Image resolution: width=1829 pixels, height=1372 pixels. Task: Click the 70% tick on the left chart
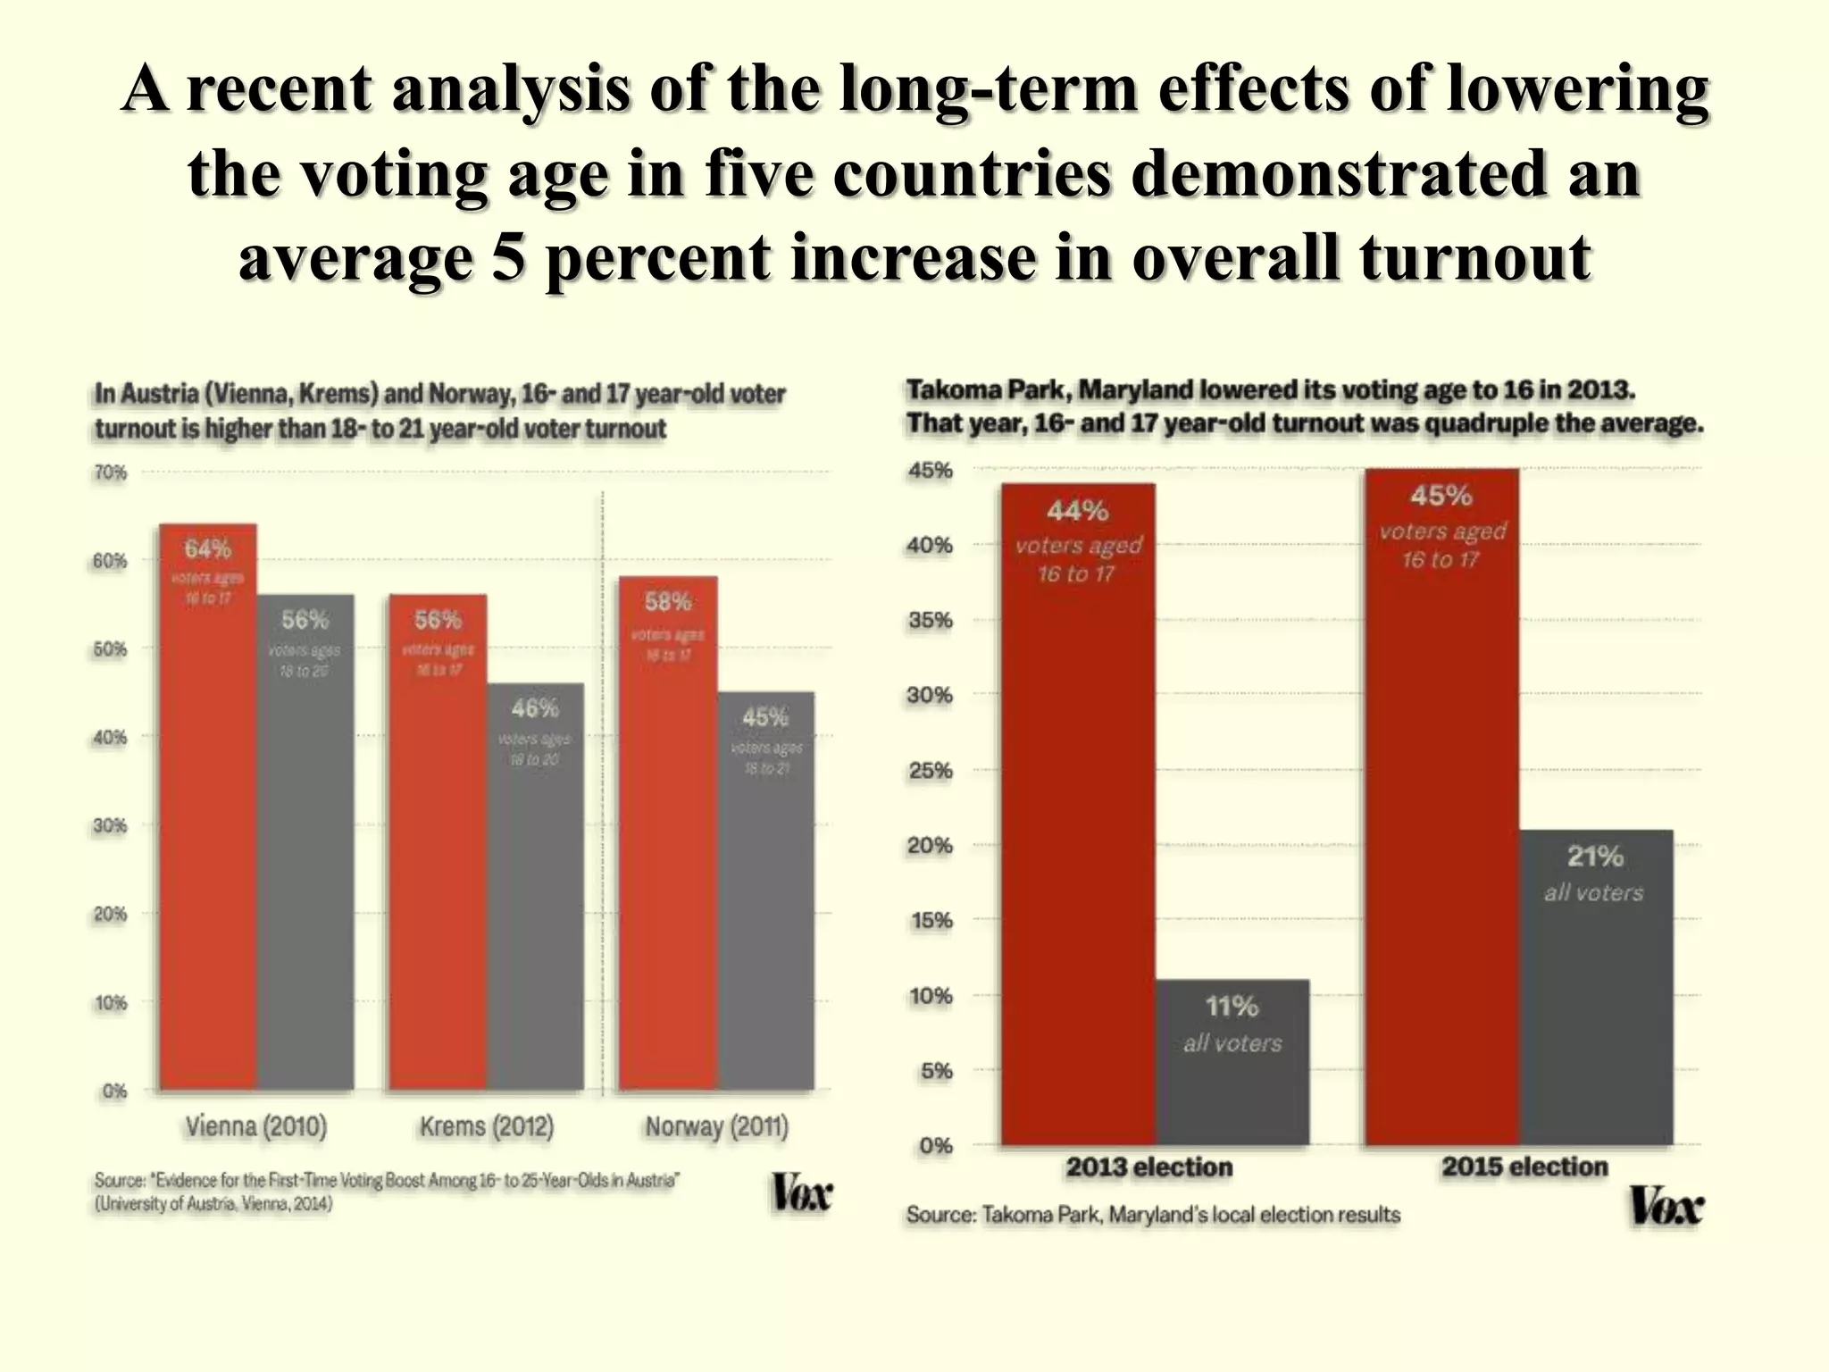111,473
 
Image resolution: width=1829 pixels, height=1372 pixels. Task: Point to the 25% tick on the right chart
931,770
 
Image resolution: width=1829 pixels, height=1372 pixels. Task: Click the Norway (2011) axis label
717,1127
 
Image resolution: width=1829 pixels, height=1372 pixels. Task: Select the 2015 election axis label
1524,1167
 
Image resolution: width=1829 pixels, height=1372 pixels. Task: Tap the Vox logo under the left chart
801,1194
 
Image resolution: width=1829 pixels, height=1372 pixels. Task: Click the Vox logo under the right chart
1666,1208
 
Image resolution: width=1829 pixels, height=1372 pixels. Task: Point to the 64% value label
207,548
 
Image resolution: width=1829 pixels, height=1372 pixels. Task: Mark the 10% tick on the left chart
111,1003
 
